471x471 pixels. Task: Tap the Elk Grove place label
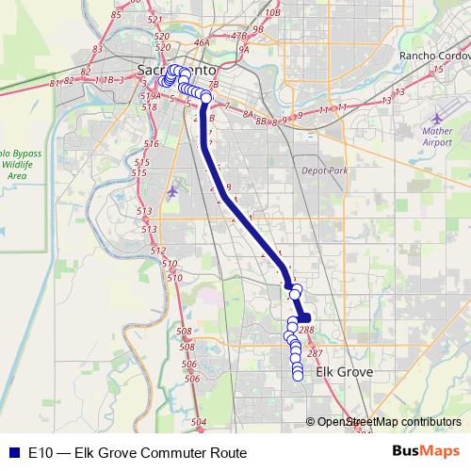pyautogui.click(x=344, y=373)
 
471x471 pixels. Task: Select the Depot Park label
pyautogui.click(x=325, y=171)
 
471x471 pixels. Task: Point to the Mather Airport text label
pyautogui.click(x=437, y=137)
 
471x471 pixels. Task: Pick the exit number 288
pyautogui.click(x=306, y=330)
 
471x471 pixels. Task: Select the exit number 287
pyautogui.click(x=315, y=353)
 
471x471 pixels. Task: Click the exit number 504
pyautogui.click(x=199, y=422)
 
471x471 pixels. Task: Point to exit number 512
pyautogui.click(x=157, y=250)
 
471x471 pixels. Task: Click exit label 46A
pyautogui.click(x=201, y=43)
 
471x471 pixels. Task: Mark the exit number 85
pyautogui.click(x=117, y=14)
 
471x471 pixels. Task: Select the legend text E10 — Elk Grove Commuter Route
pyautogui.click(x=138, y=452)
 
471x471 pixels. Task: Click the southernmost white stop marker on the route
pyautogui.click(x=298, y=376)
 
